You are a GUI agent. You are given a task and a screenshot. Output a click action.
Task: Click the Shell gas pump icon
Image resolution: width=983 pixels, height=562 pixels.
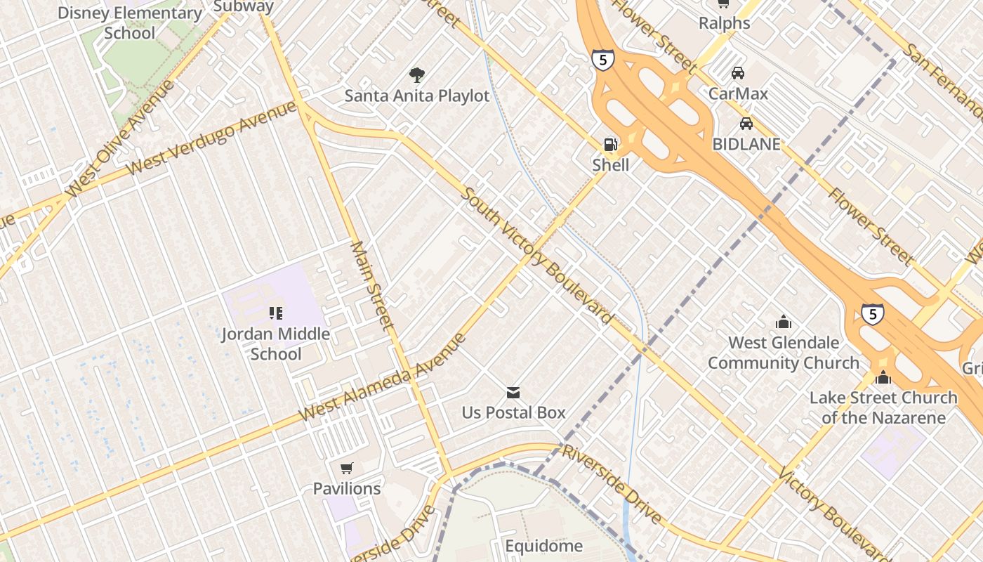point(610,145)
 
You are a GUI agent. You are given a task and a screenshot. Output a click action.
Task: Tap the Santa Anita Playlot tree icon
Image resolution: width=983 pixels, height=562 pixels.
point(417,74)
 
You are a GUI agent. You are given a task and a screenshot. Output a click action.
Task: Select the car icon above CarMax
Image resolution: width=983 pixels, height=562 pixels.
point(738,72)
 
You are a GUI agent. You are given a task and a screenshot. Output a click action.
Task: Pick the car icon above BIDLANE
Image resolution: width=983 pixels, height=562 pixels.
point(746,124)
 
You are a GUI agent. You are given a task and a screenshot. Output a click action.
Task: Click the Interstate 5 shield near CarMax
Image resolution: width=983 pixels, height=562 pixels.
point(602,60)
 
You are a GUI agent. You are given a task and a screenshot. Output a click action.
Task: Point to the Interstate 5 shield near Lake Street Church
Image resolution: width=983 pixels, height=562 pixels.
point(873,314)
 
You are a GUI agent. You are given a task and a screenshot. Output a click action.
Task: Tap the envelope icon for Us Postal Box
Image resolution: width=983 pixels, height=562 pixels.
point(513,392)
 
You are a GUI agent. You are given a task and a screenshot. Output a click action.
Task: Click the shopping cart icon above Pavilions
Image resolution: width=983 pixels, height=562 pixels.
point(346,468)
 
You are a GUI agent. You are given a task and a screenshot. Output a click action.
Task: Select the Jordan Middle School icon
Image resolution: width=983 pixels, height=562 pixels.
point(275,313)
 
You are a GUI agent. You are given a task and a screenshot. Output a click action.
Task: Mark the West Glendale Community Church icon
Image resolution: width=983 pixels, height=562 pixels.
point(784,322)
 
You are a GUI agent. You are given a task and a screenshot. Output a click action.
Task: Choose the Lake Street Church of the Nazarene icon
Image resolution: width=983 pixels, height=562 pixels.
point(883,377)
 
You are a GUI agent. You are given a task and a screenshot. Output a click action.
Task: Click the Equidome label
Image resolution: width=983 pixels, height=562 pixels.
point(544,546)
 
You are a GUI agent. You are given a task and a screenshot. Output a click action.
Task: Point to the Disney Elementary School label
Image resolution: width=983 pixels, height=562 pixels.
point(130,22)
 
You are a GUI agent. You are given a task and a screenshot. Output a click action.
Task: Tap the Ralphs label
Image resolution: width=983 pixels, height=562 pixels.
point(725,23)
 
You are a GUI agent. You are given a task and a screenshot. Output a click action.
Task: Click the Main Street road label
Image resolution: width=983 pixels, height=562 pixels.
point(371,285)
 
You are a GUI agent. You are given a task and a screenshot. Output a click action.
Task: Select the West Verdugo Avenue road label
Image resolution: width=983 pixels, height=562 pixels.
point(213,138)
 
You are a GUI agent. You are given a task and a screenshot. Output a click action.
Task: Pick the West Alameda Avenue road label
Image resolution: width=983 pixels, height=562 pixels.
point(382,378)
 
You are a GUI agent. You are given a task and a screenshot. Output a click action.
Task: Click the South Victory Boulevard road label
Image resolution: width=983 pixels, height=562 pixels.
point(536,256)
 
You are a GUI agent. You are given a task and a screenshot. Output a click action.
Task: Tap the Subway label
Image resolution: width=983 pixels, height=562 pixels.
point(243,6)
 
